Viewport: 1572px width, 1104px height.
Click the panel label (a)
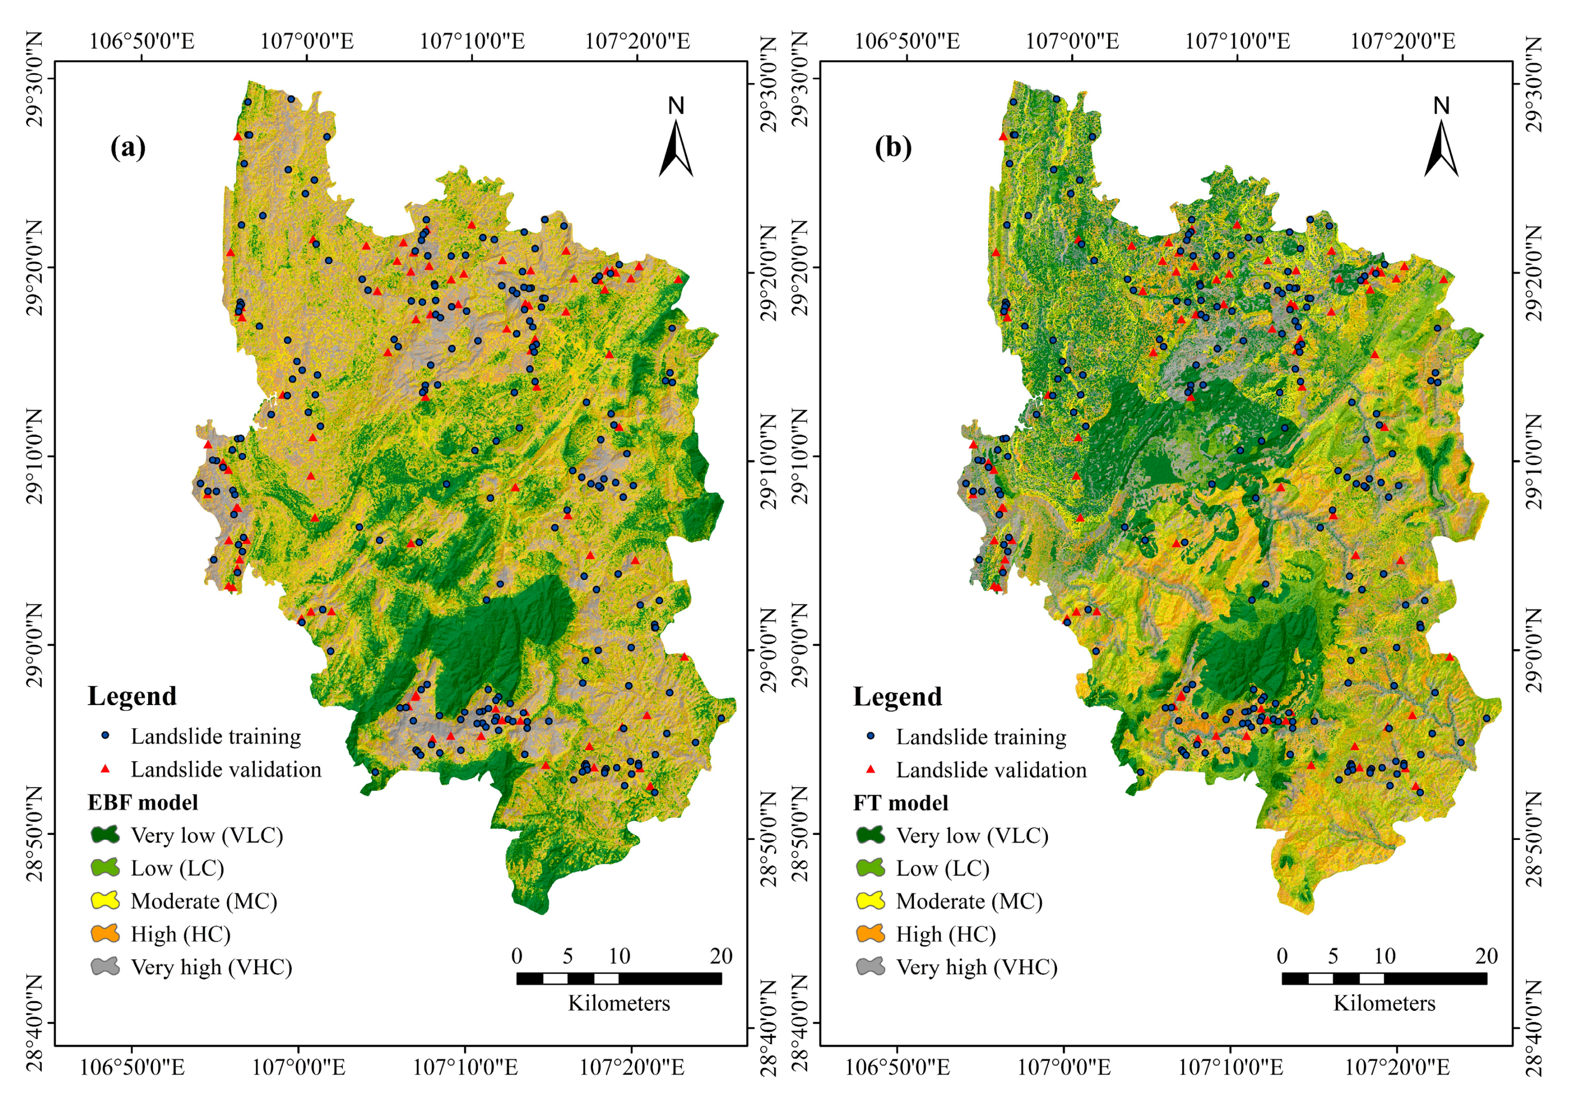[x=128, y=147]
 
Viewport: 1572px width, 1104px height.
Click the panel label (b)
[x=893, y=147]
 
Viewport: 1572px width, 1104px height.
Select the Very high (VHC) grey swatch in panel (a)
[x=105, y=967]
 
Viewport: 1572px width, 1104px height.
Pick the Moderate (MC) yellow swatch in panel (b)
[x=870, y=901]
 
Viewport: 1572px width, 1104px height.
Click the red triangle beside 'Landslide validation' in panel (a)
[x=105, y=769]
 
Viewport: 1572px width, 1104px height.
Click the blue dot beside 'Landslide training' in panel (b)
[x=870, y=736]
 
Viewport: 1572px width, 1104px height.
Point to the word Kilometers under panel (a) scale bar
[x=618, y=1003]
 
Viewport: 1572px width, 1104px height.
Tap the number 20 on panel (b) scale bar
[x=1486, y=956]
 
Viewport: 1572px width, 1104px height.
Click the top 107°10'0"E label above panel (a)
[x=472, y=41]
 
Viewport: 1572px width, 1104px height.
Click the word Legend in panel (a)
[x=132, y=696]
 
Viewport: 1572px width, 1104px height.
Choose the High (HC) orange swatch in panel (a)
[x=105, y=934]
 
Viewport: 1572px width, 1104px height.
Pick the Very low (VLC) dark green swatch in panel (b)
[x=870, y=835]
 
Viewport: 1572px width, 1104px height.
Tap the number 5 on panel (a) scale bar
[x=567, y=956]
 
